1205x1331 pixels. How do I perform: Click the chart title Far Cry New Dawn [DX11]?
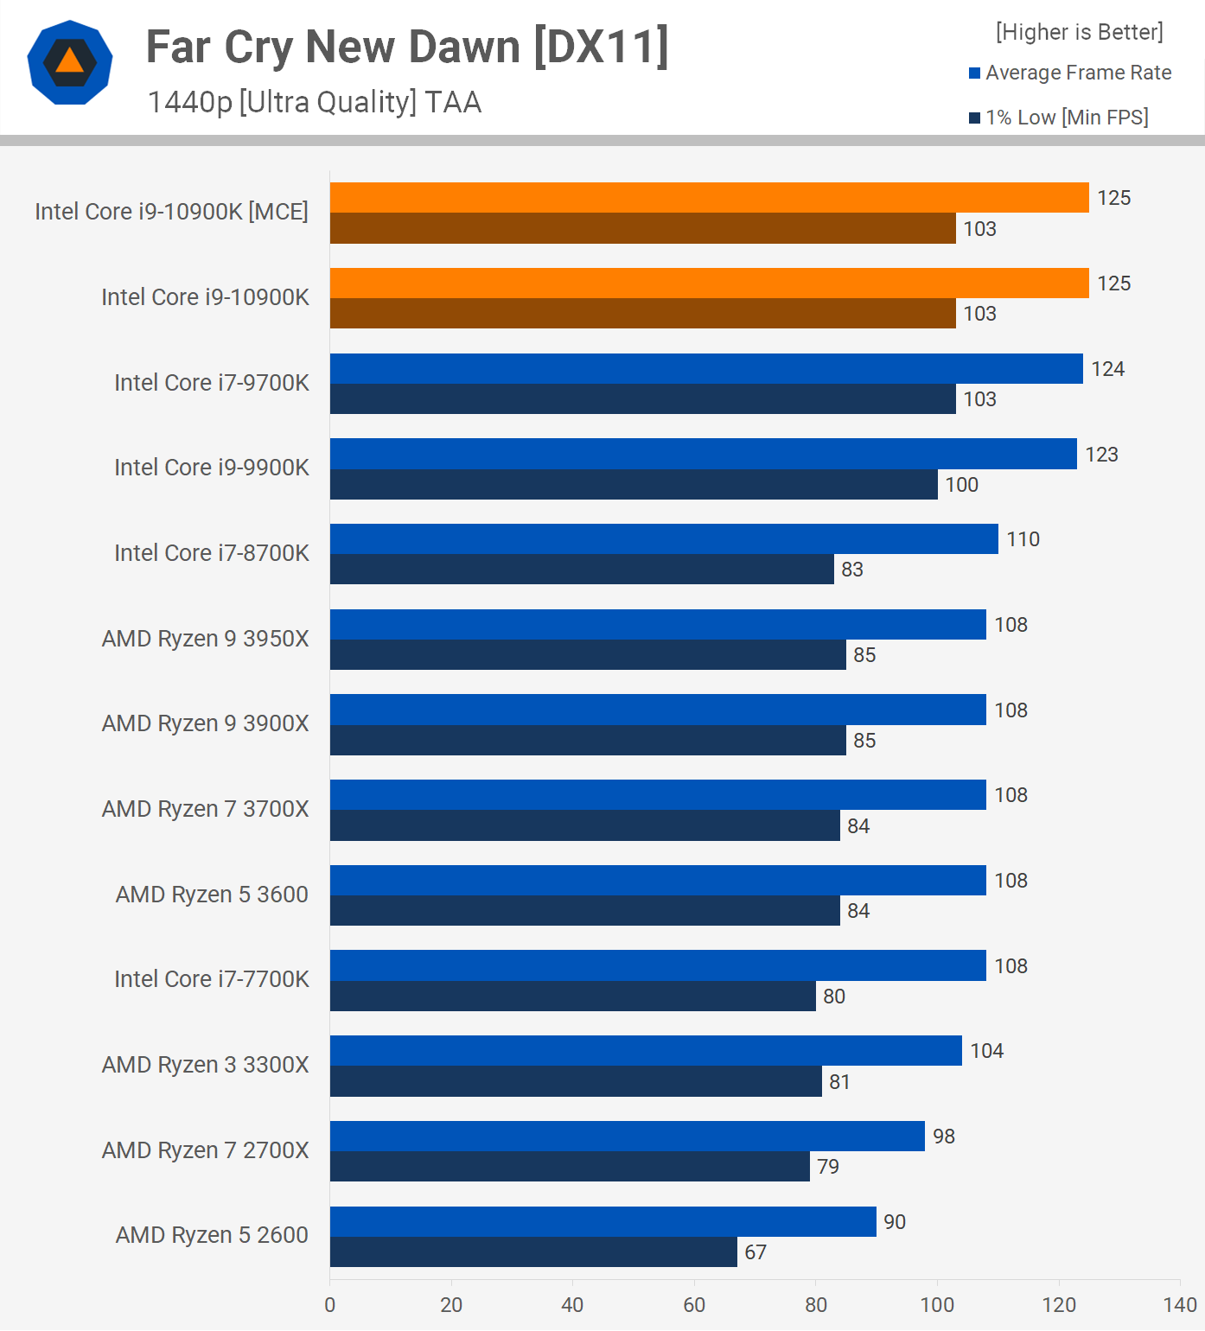click(x=407, y=48)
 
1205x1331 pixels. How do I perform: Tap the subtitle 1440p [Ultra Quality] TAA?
click(x=315, y=102)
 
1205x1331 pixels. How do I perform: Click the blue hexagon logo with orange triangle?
click(x=70, y=62)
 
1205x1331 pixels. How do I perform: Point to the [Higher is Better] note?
click(x=1079, y=32)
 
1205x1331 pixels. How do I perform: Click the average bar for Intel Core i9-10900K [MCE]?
click(x=709, y=198)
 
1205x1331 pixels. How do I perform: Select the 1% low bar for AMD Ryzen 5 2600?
click(x=533, y=1252)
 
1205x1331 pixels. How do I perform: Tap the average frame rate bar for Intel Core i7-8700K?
click(x=664, y=539)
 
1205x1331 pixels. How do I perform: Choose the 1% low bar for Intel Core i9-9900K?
click(x=634, y=485)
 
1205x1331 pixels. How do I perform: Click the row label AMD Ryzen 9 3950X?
click(x=206, y=639)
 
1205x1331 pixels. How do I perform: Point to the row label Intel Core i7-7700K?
click(x=212, y=979)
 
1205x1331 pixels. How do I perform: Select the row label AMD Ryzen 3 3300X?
click(x=206, y=1065)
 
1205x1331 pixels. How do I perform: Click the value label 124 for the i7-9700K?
click(x=1107, y=369)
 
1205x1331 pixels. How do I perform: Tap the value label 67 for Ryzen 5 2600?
click(x=756, y=1252)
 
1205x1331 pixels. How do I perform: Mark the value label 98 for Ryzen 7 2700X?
click(x=944, y=1137)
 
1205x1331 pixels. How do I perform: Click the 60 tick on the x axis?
click(x=694, y=1305)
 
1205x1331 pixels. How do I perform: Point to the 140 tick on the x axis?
click(x=1180, y=1305)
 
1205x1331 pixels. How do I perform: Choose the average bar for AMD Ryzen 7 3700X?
click(x=658, y=795)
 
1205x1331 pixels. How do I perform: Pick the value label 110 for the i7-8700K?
click(x=1023, y=539)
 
